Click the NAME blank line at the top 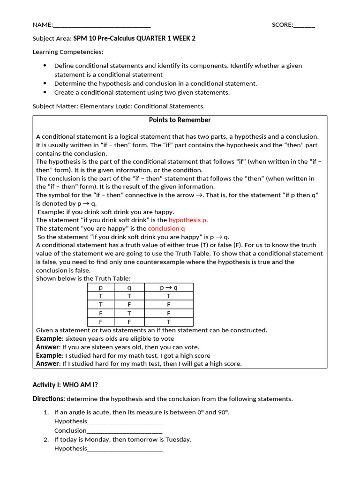click(102, 26)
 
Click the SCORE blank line click(304, 26)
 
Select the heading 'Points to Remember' click(180, 120)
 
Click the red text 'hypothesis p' click(187, 220)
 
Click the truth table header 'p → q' click(169, 287)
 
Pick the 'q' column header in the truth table click(129, 287)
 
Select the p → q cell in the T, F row click(169, 304)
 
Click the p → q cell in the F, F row click(169, 322)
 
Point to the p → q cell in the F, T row click(169, 313)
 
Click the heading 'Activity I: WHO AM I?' click(65, 385)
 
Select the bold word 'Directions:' click(49, 399)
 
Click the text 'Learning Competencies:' click(68, 52)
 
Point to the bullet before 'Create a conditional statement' click(45, 92)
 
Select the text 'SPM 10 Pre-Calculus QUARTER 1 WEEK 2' click(135, 38)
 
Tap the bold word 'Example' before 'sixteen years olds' click(49, 338)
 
